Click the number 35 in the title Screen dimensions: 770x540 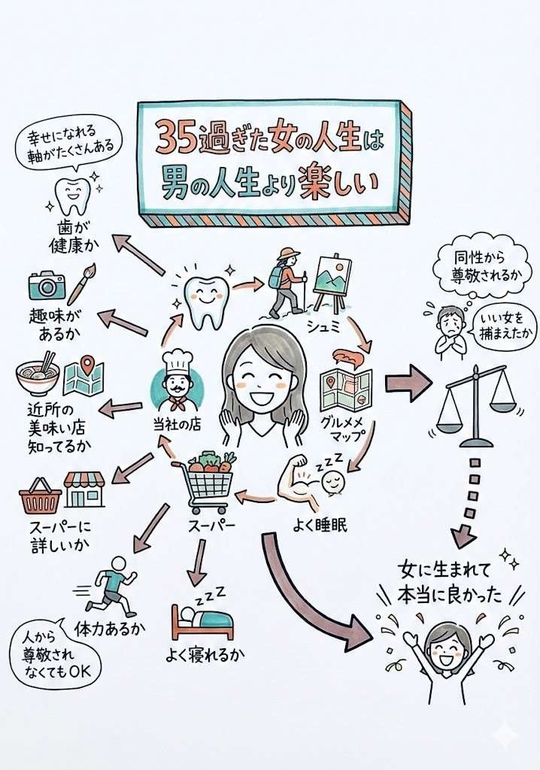point(175,137)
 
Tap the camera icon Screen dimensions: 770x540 point(47,285)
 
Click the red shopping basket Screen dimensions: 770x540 point(40,497)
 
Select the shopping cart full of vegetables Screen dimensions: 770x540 point(204,480)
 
